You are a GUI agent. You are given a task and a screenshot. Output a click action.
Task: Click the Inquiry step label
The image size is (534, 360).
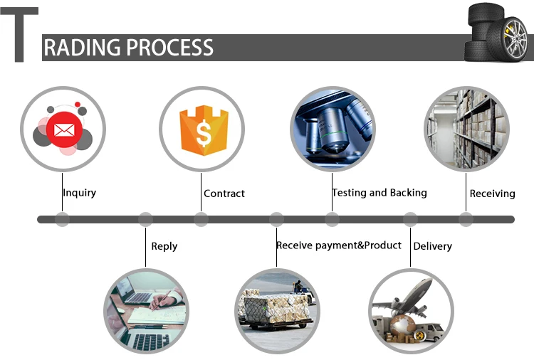click(79, 193)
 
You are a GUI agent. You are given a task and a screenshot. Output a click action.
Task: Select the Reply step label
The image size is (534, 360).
click(164, 246)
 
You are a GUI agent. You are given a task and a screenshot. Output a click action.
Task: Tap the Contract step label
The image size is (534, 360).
click(224, 194)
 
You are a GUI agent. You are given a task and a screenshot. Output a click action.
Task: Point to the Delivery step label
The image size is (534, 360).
click(432, 246)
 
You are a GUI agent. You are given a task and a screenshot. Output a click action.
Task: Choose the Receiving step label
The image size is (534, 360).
click(492, 194)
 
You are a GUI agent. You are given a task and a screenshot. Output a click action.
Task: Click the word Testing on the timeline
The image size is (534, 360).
click(349, 193)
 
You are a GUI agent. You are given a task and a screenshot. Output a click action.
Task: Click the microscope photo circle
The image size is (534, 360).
click(333, 129)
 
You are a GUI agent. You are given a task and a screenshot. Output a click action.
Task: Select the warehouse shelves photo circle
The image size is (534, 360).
click(466, 129)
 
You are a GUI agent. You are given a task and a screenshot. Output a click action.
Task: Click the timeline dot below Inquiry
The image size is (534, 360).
click(62, 219)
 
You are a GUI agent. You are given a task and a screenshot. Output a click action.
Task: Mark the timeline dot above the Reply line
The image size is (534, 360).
click(145, 219)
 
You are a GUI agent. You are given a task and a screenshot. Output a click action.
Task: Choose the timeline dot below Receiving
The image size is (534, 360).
click(466, 219)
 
